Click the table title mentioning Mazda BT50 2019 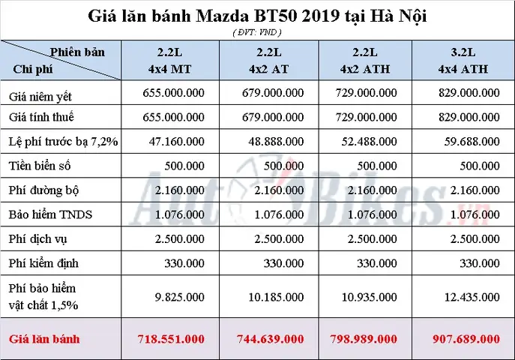tap(258, 16)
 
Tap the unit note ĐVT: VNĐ tap(257, 31)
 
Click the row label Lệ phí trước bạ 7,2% tap(64, 142)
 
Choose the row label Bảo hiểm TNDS tap(51, 214)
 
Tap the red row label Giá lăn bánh tap(45, 339)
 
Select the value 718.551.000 tap(171, 339)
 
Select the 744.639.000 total tap(269, 339)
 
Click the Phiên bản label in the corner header tap(77, 52)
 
